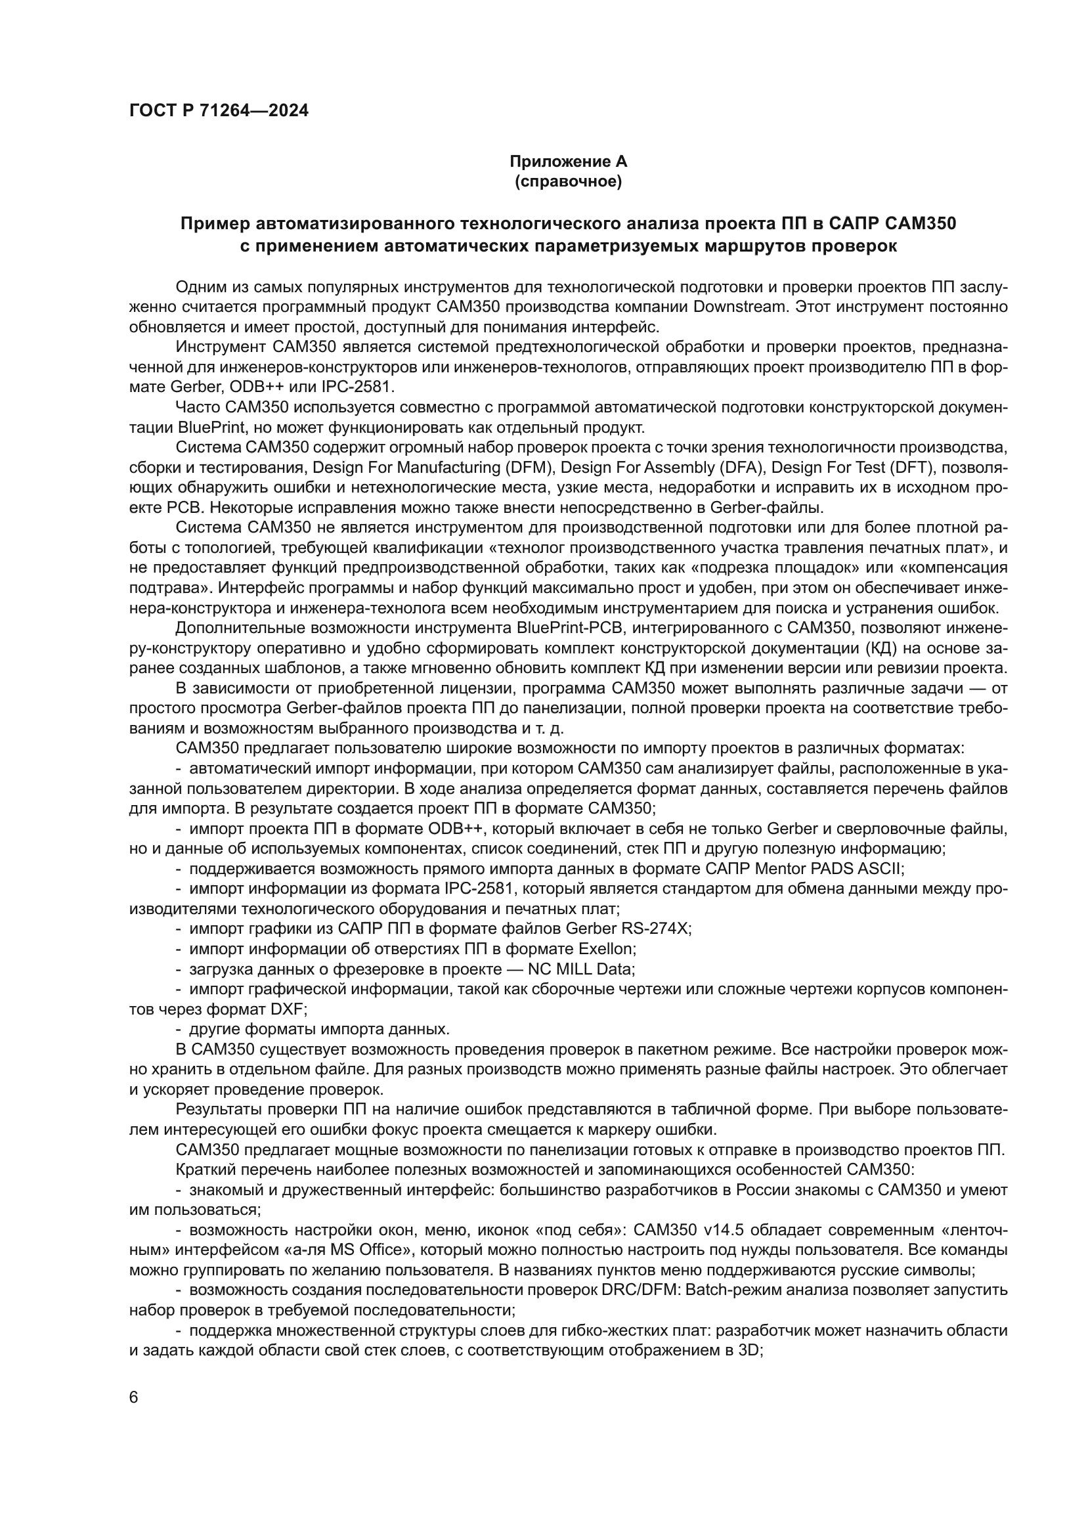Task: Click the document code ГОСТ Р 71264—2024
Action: [x=219, y=112]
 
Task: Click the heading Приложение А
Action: [x=568, y=162]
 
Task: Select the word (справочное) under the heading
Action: [x=568, y=181]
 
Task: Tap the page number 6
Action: [x=134, y=1397]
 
